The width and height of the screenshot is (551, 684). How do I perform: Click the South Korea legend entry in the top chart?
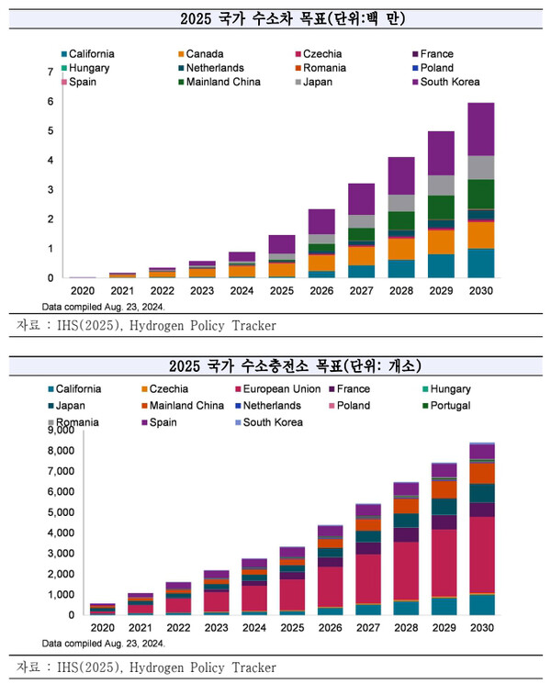(x=449, y=82)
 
